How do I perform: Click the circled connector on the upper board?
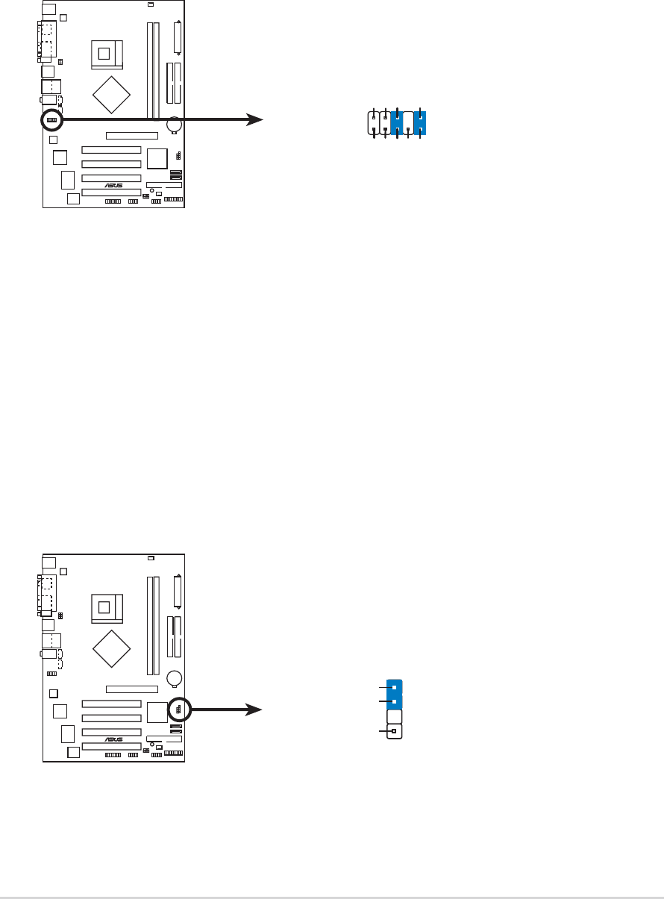tap(51, 119)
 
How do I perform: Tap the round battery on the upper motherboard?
tap(175, 125)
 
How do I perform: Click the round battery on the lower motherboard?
tap(175, 678)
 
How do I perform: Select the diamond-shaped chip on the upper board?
tap(112, 93)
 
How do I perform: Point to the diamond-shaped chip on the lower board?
tap(112, 647)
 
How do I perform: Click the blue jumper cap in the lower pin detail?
tap(394, 694)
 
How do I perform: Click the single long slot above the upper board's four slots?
tap(131, 137)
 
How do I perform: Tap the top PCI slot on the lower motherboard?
tap(111, 704)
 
